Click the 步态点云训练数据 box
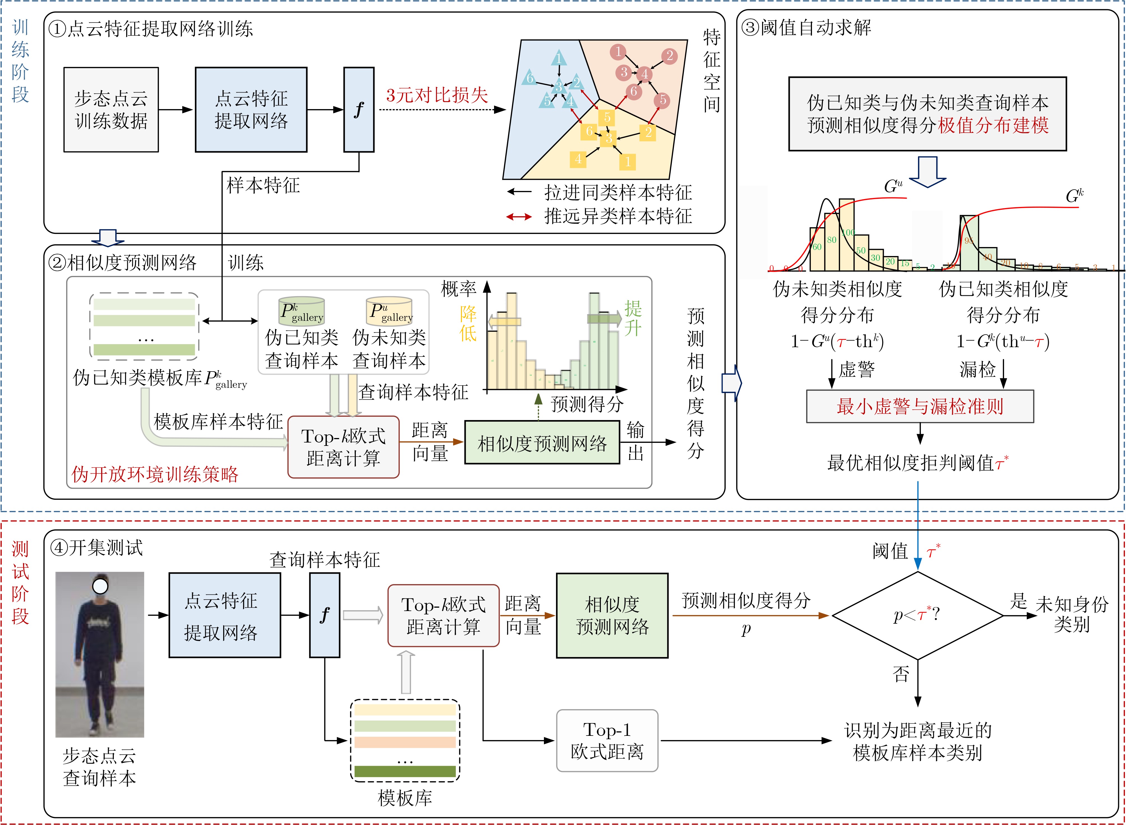pos(111,109)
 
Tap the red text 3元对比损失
pos(437,95)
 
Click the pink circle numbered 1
pos(618,51)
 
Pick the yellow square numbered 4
pos(578,159)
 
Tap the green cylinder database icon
pos(302,311)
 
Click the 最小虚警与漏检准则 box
pos(920,406)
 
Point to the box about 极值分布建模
pos(927,114)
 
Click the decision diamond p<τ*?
pos(917,615)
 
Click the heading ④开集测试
pos(96,548)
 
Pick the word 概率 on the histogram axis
pos(458,289)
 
